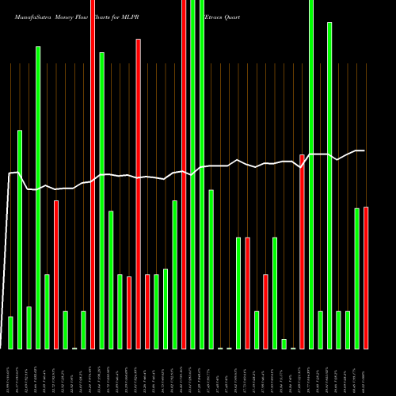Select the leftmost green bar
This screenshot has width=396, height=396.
click(x=10, y=333)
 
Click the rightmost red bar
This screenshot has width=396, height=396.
click(x=366, y=277)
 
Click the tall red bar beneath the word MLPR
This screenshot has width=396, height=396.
click(x=138, y=194)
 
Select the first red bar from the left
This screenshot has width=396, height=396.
click(x=56, y=274)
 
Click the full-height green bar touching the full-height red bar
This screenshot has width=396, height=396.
click(x=192, y=174)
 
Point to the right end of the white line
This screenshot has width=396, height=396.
click(x=364, y=150)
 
